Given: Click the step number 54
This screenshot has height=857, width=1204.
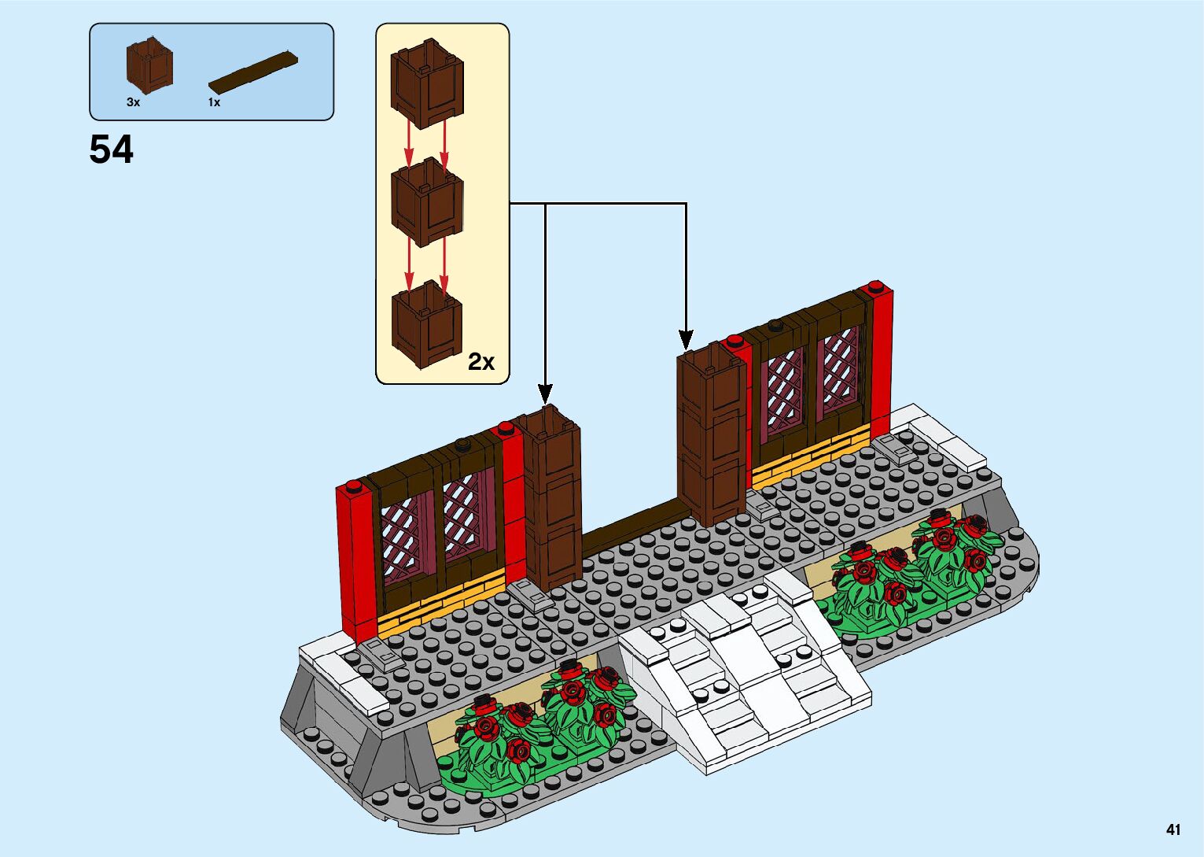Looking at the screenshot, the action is click(112, 150).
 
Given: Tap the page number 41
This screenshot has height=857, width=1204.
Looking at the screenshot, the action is click(1173, 829).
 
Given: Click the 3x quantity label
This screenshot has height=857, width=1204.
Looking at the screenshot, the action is click(133, 102).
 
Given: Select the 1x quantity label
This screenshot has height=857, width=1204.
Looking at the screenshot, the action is click(214, 102).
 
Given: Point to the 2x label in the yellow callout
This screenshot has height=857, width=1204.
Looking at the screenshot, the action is click(481, 361).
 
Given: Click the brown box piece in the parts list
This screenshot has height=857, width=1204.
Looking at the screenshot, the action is click(149, 68).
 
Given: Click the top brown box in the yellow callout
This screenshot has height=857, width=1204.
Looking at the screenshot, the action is click(427, 83).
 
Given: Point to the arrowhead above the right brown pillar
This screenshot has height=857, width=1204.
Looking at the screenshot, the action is click(686, 339).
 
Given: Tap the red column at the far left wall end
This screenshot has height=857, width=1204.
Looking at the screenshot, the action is click(355, 559).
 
